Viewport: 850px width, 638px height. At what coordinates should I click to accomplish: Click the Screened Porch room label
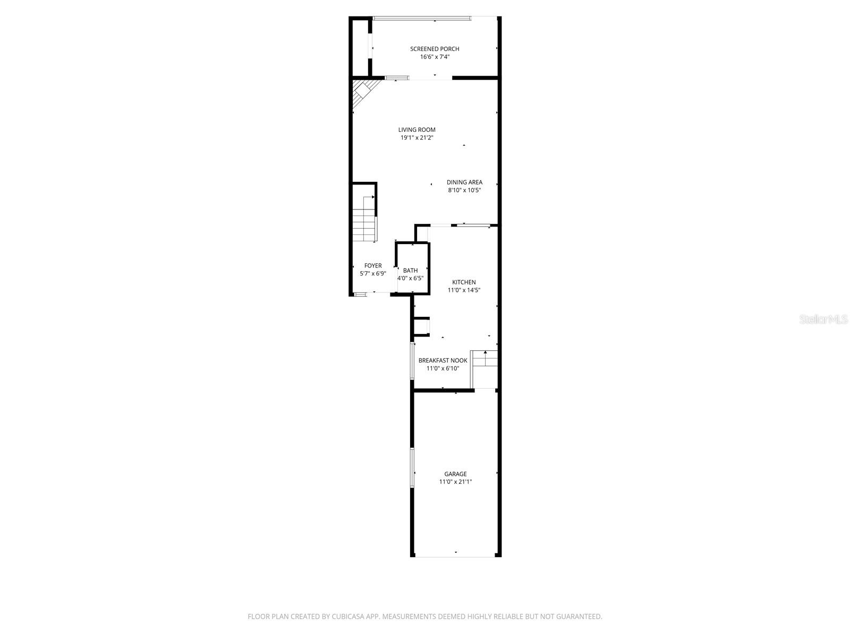435,49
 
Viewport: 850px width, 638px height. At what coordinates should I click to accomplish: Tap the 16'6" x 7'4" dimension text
435,57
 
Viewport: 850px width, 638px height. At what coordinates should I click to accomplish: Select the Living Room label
417,130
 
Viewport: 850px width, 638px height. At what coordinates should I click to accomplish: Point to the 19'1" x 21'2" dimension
417,138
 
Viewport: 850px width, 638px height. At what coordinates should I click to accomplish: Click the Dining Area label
464,182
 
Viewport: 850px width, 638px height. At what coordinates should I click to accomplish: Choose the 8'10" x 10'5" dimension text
464,190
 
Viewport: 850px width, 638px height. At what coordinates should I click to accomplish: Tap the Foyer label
373,266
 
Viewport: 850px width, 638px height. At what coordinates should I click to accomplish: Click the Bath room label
410,271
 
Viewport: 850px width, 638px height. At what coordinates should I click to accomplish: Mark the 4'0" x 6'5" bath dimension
410,278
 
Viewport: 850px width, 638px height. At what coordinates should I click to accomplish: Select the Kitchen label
464,282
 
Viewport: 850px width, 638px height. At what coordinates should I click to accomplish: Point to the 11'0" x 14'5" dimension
464,290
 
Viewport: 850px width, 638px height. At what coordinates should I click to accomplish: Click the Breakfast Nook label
443,360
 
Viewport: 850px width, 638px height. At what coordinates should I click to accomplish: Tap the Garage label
455,474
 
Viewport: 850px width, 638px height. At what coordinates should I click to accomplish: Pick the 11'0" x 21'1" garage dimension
455,482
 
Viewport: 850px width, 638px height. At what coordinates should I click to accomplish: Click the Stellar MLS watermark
823,320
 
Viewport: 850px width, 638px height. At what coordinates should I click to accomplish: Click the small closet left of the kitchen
421,326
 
